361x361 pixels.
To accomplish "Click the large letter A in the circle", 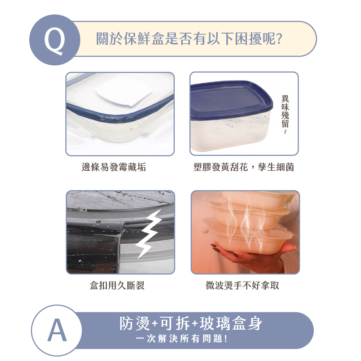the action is tap(57, 330).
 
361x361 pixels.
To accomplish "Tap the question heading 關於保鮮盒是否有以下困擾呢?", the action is tap(189, 39).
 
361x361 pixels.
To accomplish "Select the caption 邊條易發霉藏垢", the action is tap(114, 167).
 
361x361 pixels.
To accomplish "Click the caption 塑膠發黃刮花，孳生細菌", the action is tap(244, 167).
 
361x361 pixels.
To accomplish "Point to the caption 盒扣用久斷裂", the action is tap(117, 286).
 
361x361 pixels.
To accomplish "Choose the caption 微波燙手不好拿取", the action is tap(243, 286).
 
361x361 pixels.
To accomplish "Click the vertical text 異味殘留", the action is tap(285, 111).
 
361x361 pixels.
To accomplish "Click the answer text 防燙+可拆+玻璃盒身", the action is tap(191, 323).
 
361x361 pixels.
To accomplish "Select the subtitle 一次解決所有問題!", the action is tap(182, 339).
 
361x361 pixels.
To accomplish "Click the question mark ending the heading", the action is tap(279, 39).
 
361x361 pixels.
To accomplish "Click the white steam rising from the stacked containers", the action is tap(245, 221).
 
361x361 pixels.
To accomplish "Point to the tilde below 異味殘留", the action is tap(285, 132).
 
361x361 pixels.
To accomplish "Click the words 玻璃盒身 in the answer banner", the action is tap(231, 323).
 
